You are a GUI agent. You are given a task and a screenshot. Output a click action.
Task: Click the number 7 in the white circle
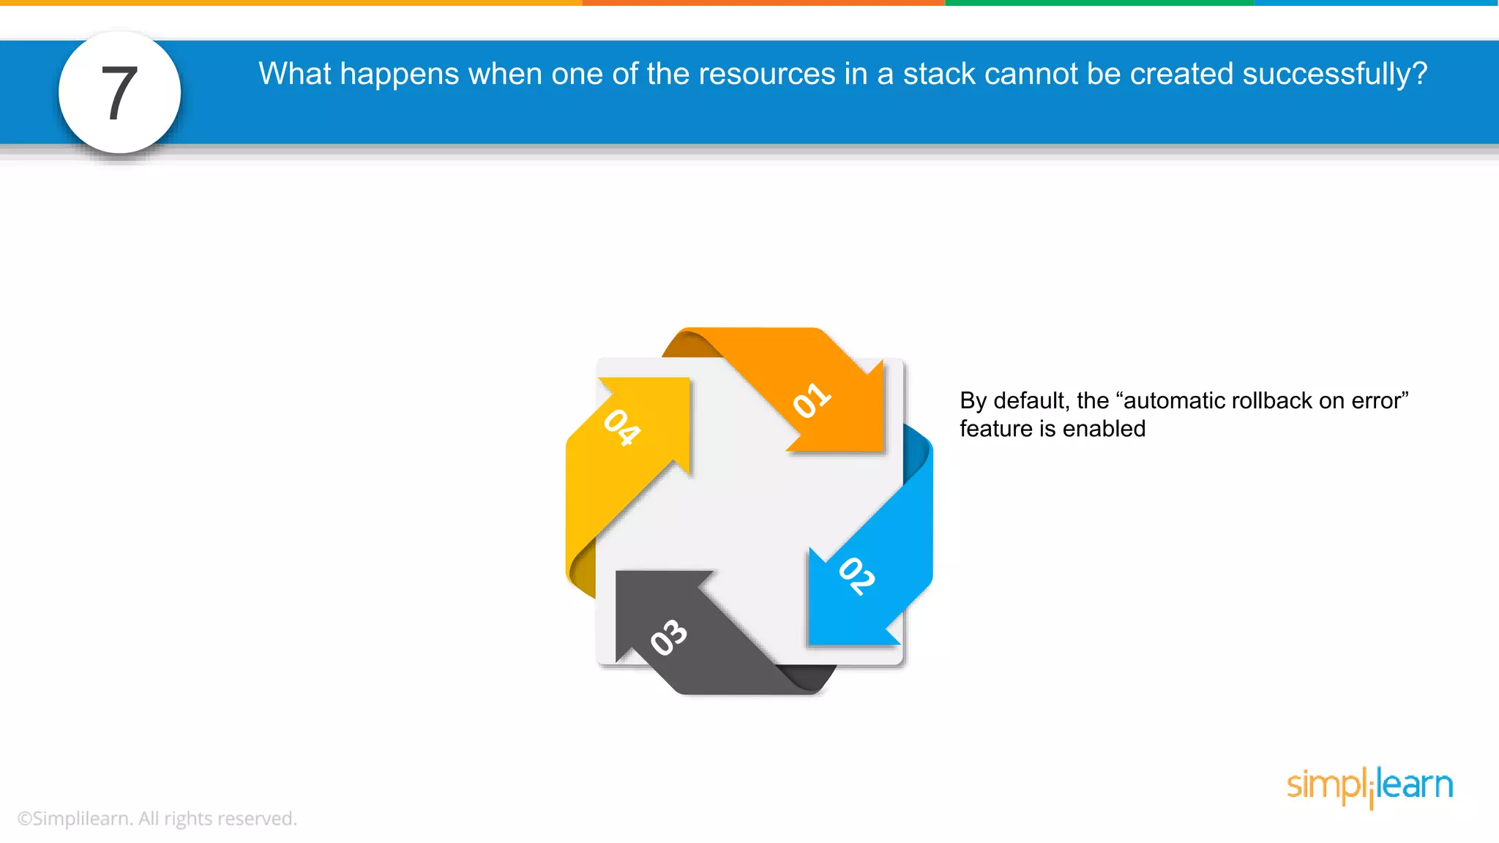pos(119,93)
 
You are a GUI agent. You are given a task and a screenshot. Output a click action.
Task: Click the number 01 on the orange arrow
pos(812,401)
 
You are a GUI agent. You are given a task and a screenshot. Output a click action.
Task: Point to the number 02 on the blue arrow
pos(857,576)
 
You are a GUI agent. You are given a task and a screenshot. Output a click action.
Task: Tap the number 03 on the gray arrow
pos(669,637)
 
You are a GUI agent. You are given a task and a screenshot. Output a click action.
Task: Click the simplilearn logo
pos(1369,786)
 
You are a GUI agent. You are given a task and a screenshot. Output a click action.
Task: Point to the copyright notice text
pos(157,818)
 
